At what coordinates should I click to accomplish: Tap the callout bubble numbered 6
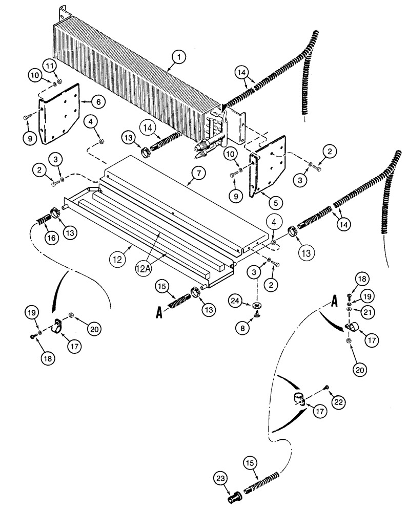[x=99, y=102]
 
